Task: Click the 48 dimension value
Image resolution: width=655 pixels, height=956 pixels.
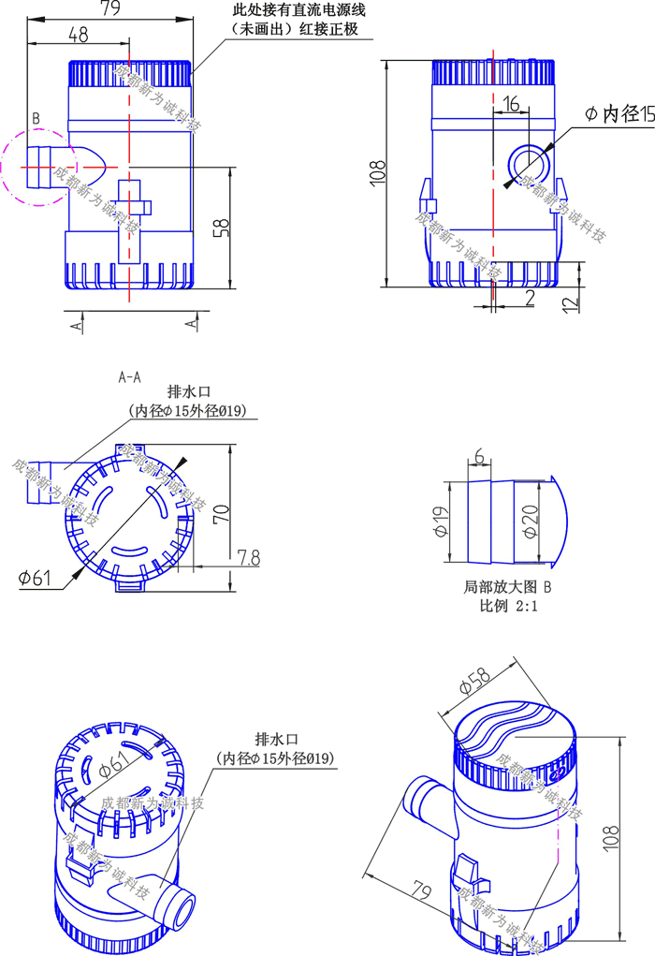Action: tap(79, 35)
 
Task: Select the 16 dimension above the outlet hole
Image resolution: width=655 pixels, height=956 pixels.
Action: tap(511, 103)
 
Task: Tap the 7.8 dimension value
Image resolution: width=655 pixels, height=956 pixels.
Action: tap(248, 558)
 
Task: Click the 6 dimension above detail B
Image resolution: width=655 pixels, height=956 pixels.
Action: tap(479, 457)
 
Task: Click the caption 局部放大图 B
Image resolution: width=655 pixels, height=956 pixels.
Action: tap(508, 588)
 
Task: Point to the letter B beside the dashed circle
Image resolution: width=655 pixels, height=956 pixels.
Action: tap(36, 118)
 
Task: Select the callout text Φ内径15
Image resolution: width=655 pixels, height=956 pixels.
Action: tap(618, 114)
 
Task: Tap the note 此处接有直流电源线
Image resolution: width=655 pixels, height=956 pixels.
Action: tap(298, 10)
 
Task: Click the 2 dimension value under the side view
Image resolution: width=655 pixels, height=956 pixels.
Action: tap(530, 298)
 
